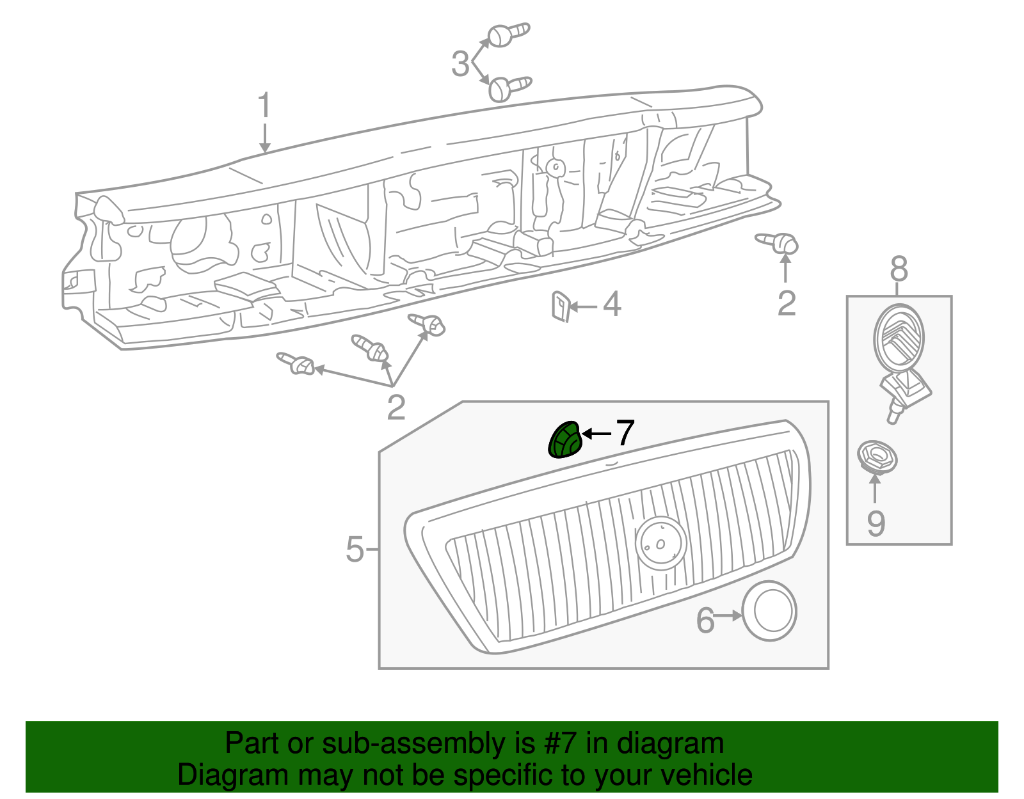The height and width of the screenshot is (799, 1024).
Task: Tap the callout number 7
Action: point(624,433)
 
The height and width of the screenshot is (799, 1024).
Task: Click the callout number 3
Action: point(460,65)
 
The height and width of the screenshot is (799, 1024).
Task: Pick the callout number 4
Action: point(612,305)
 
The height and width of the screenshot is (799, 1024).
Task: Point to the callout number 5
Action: point(355,549)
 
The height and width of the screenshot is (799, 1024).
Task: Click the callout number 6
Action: point(705,620)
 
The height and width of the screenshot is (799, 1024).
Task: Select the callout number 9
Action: point(876,523)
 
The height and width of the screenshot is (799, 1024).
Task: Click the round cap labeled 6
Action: point(769,611)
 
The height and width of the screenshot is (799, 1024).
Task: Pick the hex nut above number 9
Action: point(877,457)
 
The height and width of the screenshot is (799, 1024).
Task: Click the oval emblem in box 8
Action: point(899,337)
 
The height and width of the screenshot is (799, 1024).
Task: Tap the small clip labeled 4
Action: point(560,306)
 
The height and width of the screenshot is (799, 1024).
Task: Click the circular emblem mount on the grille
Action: point(661,542)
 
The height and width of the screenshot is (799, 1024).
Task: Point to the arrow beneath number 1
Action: point(264,139)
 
